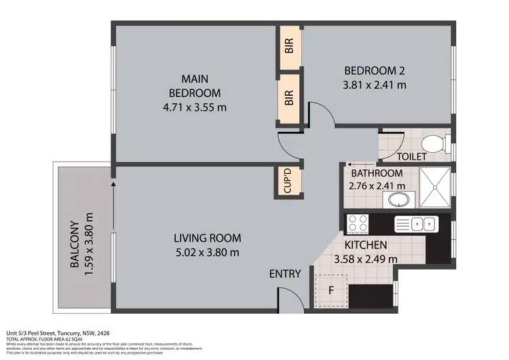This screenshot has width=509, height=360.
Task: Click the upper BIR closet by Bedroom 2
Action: tap(289, 47)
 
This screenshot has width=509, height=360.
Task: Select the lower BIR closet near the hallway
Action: tap(289, 98)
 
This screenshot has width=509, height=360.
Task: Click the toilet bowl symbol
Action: tap(432, 144)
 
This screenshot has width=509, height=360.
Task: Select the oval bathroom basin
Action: tap(396, 200)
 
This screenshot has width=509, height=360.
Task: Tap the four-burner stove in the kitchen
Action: tap(358, 223)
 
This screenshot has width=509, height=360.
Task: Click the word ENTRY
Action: tap(285, 274)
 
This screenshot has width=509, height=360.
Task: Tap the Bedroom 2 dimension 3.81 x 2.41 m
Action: tap(375, 85)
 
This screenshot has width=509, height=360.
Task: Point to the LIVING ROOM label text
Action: tap(207, 238)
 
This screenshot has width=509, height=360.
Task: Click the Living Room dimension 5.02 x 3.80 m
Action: tap(207, 253)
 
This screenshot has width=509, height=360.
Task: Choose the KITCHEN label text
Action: tap(366, 245)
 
